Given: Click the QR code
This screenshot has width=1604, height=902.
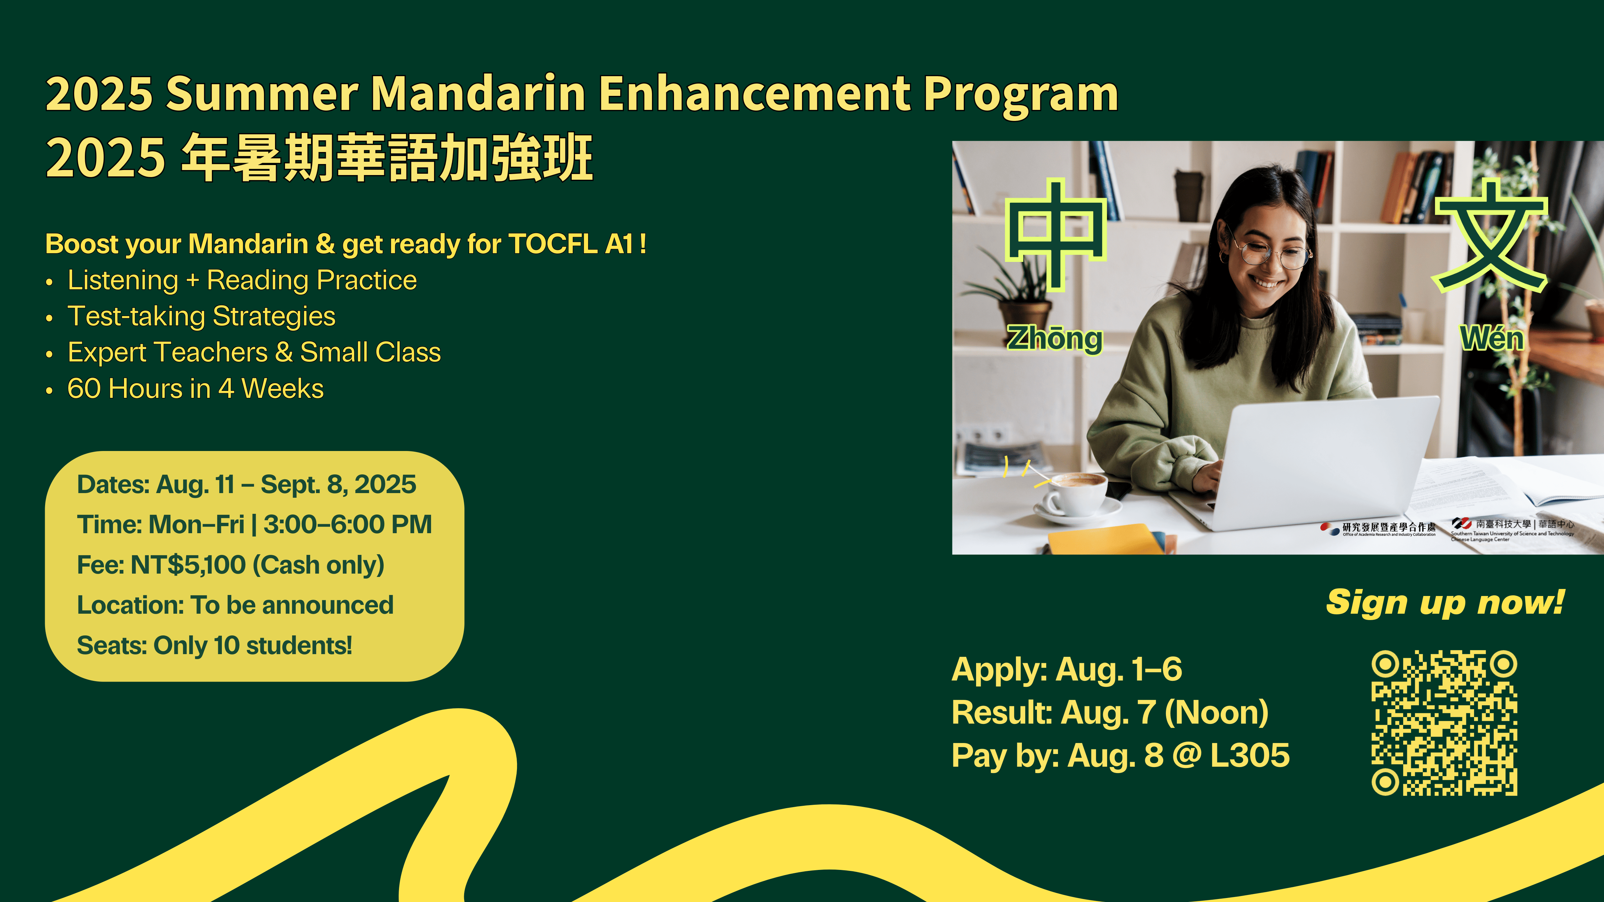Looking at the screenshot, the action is tap(1444, 723).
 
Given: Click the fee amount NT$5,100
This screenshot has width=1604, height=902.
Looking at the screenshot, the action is tap(188, 565).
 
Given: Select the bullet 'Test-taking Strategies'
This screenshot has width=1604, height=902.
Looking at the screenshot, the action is tap(201, 317).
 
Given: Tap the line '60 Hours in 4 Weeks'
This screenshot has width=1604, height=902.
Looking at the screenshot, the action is tap(195, 389).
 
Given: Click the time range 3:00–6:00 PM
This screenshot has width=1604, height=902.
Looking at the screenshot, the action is tap(348, 524).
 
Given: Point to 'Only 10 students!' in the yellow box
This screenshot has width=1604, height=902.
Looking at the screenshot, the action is tap(253, 645).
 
